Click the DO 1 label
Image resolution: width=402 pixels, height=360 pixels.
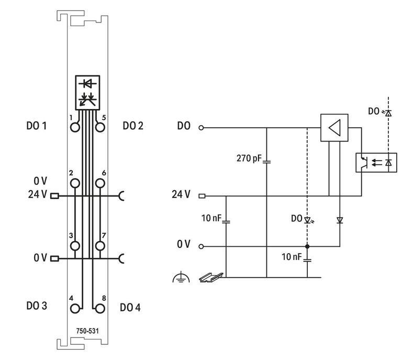click(x=37, y=126)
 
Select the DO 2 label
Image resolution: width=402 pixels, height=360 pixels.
click(x=133, y=126)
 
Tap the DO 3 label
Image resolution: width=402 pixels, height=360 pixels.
click(x=37, y=306)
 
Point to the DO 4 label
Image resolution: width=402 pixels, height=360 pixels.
click(x=130, y=307)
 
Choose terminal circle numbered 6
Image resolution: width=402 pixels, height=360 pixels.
click(x=98, y=182)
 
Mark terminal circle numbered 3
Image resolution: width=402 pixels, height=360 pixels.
click(x=76, y=245)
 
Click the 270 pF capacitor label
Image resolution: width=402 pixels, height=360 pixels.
click(x=249, y=159)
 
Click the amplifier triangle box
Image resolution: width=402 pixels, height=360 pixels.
click(x=334, y=127)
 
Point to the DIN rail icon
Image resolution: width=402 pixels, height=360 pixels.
click(x=211, y=277)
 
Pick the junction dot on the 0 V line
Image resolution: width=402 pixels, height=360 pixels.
click(x=307, y=246)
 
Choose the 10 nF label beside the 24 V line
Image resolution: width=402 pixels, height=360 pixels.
click(x=212, y=217)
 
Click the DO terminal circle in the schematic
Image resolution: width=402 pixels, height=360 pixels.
click(x=201, y=127)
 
